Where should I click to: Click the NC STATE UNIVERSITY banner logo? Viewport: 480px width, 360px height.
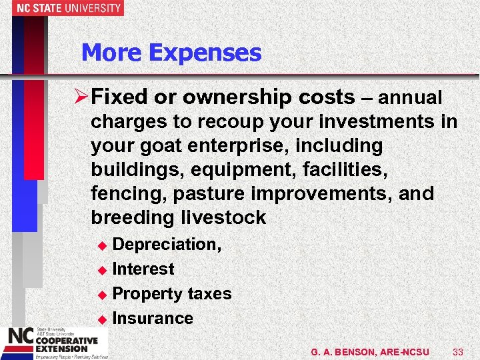click(61, 8)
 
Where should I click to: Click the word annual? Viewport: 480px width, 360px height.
click(410, 98)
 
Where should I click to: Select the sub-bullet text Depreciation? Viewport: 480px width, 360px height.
click(166, 245)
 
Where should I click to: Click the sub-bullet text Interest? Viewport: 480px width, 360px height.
click(143, 269)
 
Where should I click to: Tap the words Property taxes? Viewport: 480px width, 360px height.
click(172, 294)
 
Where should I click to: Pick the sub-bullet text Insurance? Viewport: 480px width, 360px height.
click(153, 319)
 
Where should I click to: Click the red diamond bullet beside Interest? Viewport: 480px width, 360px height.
click(102, 270)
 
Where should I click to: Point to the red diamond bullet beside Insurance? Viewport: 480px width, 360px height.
click(102, 319)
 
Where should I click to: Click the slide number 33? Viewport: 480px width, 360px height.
click(457, 351)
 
